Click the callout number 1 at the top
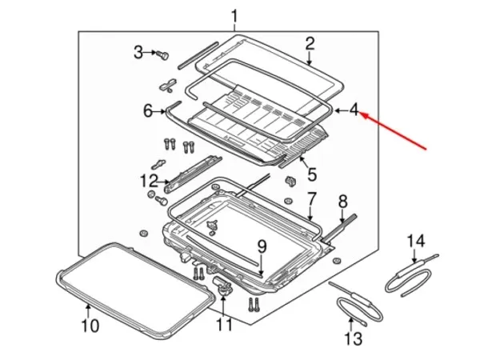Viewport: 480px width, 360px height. [234, 17]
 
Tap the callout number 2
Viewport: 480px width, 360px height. [310, 44]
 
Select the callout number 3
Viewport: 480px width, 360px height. [138, 52]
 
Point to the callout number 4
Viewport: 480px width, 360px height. [354, 110]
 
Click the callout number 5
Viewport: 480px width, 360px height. [312, 174]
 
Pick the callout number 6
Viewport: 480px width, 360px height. [148, 111]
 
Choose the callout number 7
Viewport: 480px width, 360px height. [311, 199]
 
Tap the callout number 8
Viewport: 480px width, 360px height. [343, 202]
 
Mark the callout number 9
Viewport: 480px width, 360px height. [262, 246]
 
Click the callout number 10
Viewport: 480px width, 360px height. [90, 326]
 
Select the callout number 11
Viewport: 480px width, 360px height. [224, 325]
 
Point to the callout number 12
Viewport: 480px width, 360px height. [149, 181]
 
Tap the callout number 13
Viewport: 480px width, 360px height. [354, 339]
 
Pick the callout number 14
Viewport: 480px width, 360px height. [416, 241]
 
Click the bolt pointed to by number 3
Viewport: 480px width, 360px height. [162, 55]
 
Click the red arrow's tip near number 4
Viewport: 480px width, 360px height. [361, 114]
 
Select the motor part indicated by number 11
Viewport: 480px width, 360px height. [222, 285]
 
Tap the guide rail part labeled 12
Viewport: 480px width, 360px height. [193, 174]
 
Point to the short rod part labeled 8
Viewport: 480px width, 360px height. [340, 227]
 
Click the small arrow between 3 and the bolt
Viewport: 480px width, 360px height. [150, 53]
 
